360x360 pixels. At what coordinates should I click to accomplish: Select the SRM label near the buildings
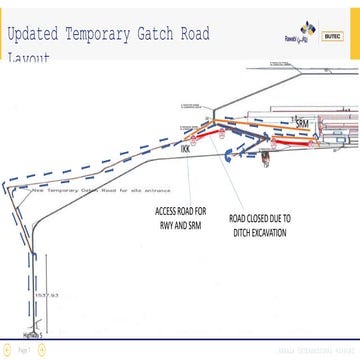(x=304, y=123)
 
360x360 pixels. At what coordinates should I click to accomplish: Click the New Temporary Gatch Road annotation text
(x=100, y=189)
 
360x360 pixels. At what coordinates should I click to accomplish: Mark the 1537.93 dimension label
(x=41, y=296)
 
